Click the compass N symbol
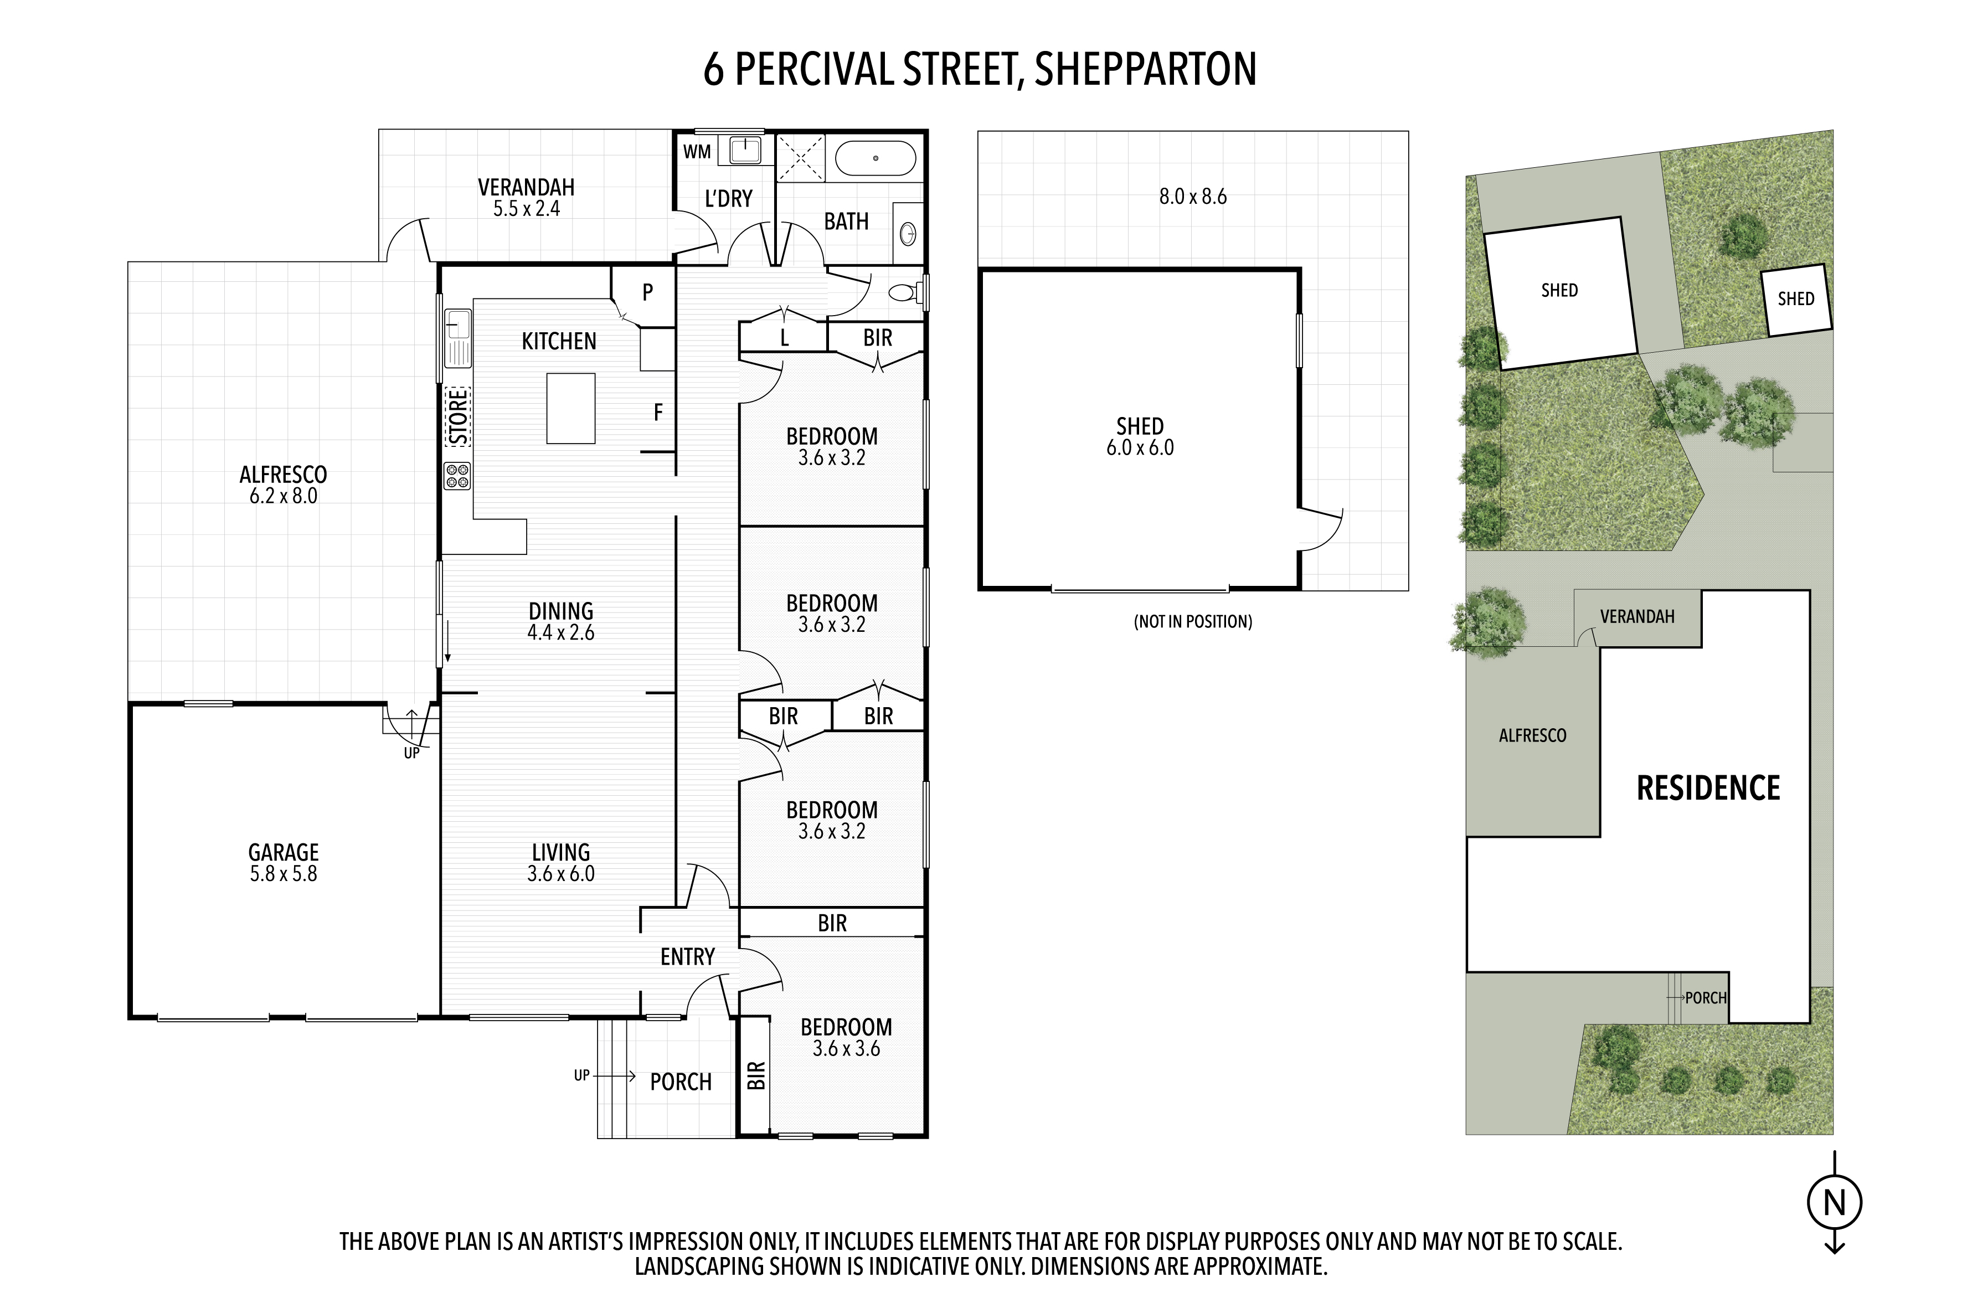[x=1835, y=1203]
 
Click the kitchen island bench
[x=570, y=408]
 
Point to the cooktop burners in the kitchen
[x=457, y=476]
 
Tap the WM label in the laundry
[x=697, y=152]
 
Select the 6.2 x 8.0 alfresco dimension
[x=284, y=496]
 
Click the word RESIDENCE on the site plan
[x=1708, y=789]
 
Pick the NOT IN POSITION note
[x=1193, y=621]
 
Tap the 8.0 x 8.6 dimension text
[x=1193, y=197]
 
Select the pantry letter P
[x=647, y=293]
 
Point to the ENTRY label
[x=687, y=957]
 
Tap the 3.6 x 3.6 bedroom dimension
[x=847, y=1049]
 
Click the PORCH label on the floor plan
[x=681, y=1082]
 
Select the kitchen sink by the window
[x=458, y=337]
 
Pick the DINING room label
[x=560, y=611]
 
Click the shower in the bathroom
[x=801, y=158]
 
